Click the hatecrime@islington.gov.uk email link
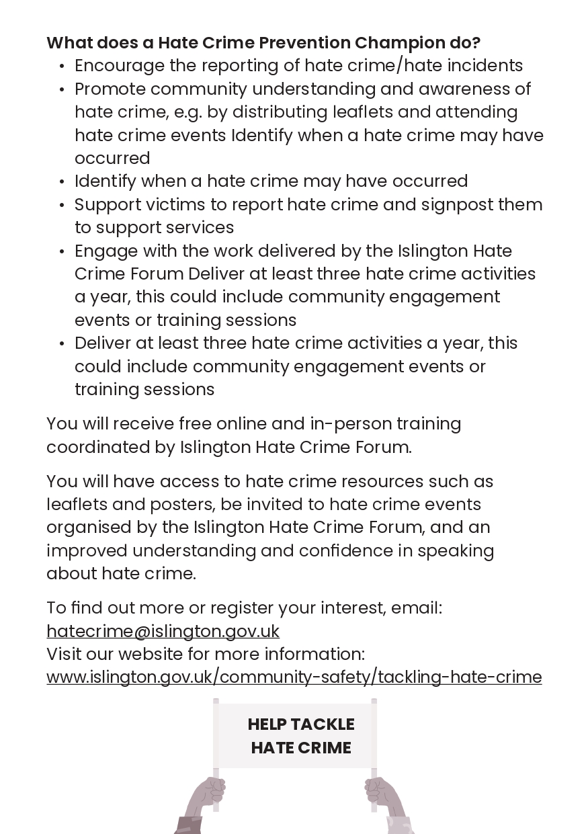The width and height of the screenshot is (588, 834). click(x=163, y=631)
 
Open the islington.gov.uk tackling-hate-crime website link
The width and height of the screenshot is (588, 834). click(x=294, y=677)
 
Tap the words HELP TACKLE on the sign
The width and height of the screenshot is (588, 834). click(x=301, y=724)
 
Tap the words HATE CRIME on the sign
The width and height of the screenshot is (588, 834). click(x=301, y=748)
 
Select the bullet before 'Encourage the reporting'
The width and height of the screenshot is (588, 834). click(x=62, y=67)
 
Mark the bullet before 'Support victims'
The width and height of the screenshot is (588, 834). click(x=62, y=205)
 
